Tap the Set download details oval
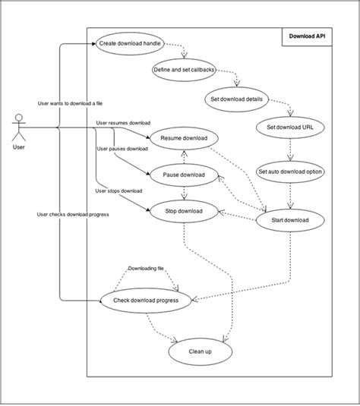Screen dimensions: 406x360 coord(236,99)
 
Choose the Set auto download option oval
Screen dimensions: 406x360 coord(290,172)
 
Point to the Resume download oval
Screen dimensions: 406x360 coord(184,140)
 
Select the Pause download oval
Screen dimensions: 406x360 coord(184,175)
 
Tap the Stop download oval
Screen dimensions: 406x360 coord(184,211)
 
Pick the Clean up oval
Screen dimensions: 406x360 coord(200,351)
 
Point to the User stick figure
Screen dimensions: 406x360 coord(19,130)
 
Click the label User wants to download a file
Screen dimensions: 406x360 coord(71,102)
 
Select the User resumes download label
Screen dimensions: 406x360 coord(123,122)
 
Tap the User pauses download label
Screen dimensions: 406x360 coord(122,149)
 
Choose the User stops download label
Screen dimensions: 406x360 coord(118,191)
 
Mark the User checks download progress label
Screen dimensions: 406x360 coord(73,215)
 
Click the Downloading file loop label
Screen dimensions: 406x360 coord(147,269)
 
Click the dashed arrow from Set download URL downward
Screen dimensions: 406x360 coord(289,149)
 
